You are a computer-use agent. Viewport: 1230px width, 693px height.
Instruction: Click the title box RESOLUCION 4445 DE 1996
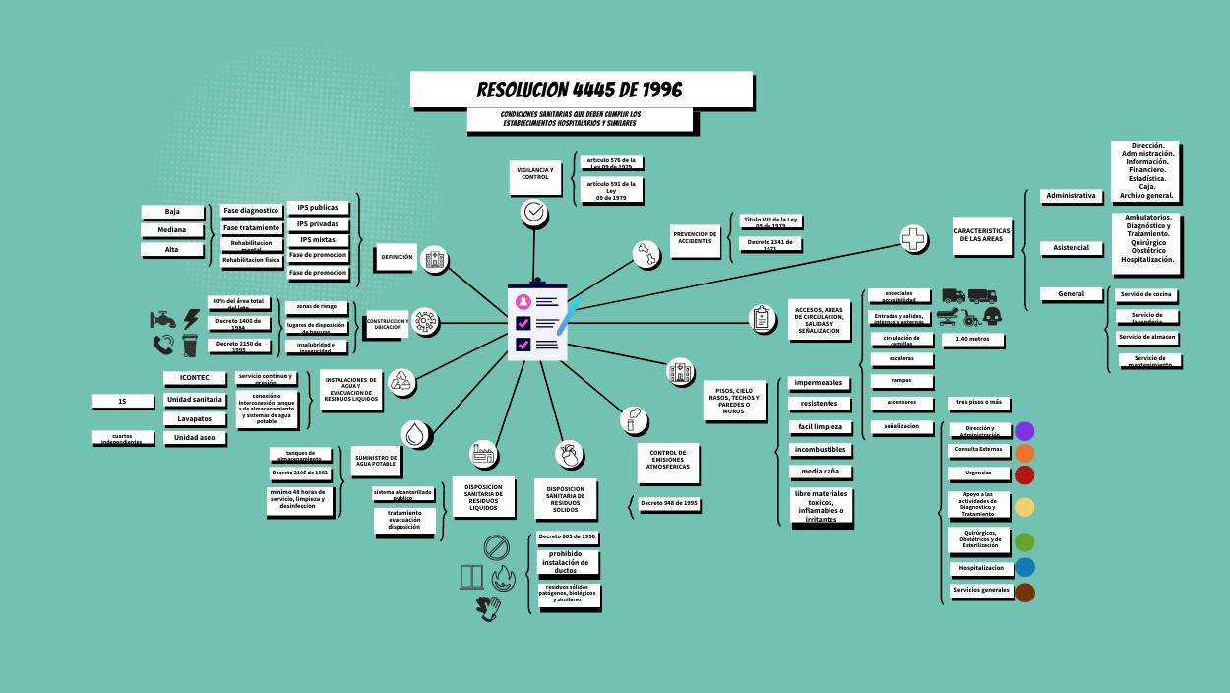pyautogui.click(x=581, y=90)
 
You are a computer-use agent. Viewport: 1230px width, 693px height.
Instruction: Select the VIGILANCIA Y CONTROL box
pyautogui.click(x=534, y=173)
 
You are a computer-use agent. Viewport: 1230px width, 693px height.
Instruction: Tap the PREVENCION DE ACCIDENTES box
pyautogui.click(x=695, y=237)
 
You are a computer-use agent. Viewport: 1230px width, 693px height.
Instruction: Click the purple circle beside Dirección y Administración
pyautogui.click(x=1024, y=431)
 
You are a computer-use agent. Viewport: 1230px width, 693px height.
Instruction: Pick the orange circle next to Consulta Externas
pyautogui.click(x=1024, y=453)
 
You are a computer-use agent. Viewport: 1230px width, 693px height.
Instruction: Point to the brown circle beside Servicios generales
pyautogui.click(x=1024, y=593)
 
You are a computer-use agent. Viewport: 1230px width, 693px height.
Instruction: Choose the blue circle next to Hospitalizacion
pyautogui.click(x=1024, y=568)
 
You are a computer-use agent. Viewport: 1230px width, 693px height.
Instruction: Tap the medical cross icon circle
pyautogui.click(x=913, y=238)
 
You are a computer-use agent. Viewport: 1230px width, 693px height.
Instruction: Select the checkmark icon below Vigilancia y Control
pyautogui.click(x=534, y=211)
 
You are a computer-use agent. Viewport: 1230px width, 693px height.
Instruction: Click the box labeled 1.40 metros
pyautogui.click(x=972, y=340)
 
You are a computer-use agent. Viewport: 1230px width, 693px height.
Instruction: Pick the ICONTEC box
pyautogui.click(x=193, y=378)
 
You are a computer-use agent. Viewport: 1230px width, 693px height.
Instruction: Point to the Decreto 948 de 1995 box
pyautogui.click(x=669, y=504)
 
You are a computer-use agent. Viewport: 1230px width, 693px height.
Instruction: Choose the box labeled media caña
pyautogui.click(x=819, y=472)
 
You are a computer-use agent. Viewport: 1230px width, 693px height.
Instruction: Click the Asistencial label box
pyautogui.click(x=1071, y=248)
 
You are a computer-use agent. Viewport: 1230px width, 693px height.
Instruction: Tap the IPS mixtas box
pyautogui.click(x=317, y=239)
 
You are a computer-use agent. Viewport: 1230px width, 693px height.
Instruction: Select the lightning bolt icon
pyautogui.click(x=192, y=319)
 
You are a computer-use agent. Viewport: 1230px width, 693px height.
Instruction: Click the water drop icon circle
pyautogui.click(x=416, y=433)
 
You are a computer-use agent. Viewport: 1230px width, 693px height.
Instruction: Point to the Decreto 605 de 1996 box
pyautogui.click(x=567, y=537)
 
